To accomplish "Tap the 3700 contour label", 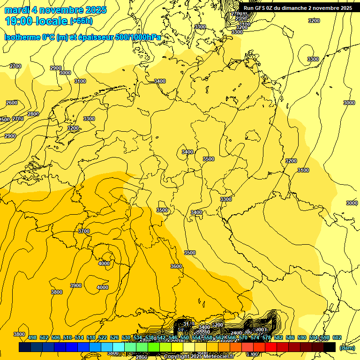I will tap(84, 231).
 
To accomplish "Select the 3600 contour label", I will tap(176, 266).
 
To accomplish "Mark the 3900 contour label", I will tap(75, 285).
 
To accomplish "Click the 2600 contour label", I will tap(12, 103).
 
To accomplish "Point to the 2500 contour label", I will tap(4, 120).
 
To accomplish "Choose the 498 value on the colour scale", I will tap(32, 338).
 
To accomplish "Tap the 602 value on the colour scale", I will tap(337, 338).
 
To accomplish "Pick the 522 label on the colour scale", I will tap(103, 338).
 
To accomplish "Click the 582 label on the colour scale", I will tap(278, 338).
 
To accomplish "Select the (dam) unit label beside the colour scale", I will tap(346, 348).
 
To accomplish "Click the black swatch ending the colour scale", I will tap(330, 347).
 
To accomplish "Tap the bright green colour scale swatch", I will tap(154, 347).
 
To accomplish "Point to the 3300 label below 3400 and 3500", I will tap(226, 199).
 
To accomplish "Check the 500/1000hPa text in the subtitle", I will tap(140, 37).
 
